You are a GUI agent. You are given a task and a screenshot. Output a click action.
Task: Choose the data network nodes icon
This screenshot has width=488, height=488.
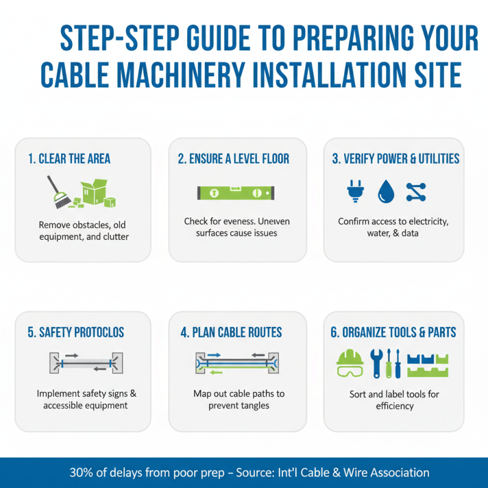(416, 192)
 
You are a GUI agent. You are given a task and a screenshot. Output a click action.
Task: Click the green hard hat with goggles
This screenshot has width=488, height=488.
(350, 364)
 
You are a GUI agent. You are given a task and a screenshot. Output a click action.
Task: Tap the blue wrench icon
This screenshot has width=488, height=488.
(377, 364)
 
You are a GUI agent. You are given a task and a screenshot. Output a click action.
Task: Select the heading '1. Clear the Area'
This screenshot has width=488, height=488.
(69, 159)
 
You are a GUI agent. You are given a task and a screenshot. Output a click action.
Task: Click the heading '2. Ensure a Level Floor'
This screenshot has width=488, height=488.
(234, 159)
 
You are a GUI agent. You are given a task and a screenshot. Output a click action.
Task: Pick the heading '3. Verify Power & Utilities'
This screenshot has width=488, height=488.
(395, 159)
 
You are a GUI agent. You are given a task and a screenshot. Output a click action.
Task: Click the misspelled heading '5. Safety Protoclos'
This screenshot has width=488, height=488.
(76, 332)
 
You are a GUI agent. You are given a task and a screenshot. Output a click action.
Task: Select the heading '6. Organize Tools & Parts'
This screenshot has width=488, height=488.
(393, 332)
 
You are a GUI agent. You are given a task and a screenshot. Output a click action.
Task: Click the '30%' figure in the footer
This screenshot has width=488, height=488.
(81, 473)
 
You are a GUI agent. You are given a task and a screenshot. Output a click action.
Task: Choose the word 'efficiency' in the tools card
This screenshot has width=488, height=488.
(395, 406)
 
